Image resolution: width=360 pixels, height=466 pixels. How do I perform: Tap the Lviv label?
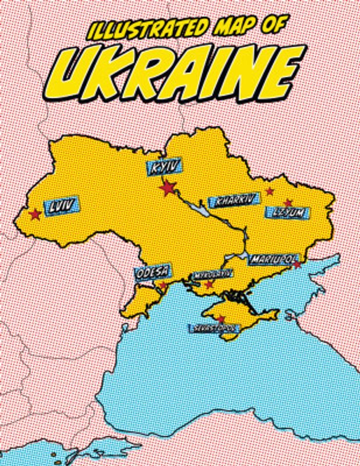point(61,207)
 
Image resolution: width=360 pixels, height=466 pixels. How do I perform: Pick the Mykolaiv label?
point(212,273)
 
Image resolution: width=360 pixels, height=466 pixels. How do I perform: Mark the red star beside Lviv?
point(36,214)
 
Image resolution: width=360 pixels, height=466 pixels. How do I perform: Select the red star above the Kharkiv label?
point(269,191)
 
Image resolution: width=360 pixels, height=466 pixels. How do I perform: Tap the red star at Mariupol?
point(297,265)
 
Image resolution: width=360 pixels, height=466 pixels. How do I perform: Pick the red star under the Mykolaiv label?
point(209,284)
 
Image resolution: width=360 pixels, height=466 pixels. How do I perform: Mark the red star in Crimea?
point(221,319)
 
